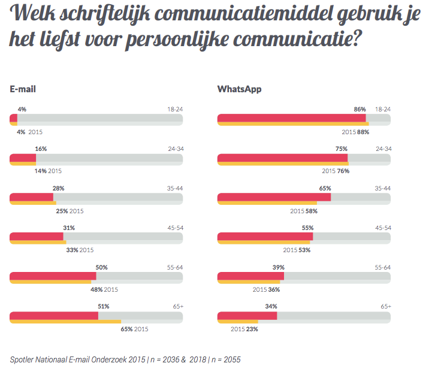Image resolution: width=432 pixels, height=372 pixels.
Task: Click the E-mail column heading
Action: coord(23,89)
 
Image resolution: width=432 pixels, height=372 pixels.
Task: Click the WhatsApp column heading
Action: coord(239,89)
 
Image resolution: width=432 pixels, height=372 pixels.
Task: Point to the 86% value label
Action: coord(360,110)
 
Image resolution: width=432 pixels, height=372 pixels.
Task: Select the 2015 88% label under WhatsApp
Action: coord(355,132)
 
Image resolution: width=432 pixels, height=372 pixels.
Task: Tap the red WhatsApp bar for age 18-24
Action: coord(291,117)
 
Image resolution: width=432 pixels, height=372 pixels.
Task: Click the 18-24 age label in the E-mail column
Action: coord(174,110)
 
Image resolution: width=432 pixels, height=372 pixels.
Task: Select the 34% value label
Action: coord(271,306)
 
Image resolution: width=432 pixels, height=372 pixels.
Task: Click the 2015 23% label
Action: coord(245,329)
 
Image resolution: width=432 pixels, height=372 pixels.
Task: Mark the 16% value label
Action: coord(41,149)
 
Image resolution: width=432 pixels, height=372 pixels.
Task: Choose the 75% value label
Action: coord(342,149)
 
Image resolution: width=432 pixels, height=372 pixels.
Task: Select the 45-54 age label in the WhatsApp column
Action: coord(383,228)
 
